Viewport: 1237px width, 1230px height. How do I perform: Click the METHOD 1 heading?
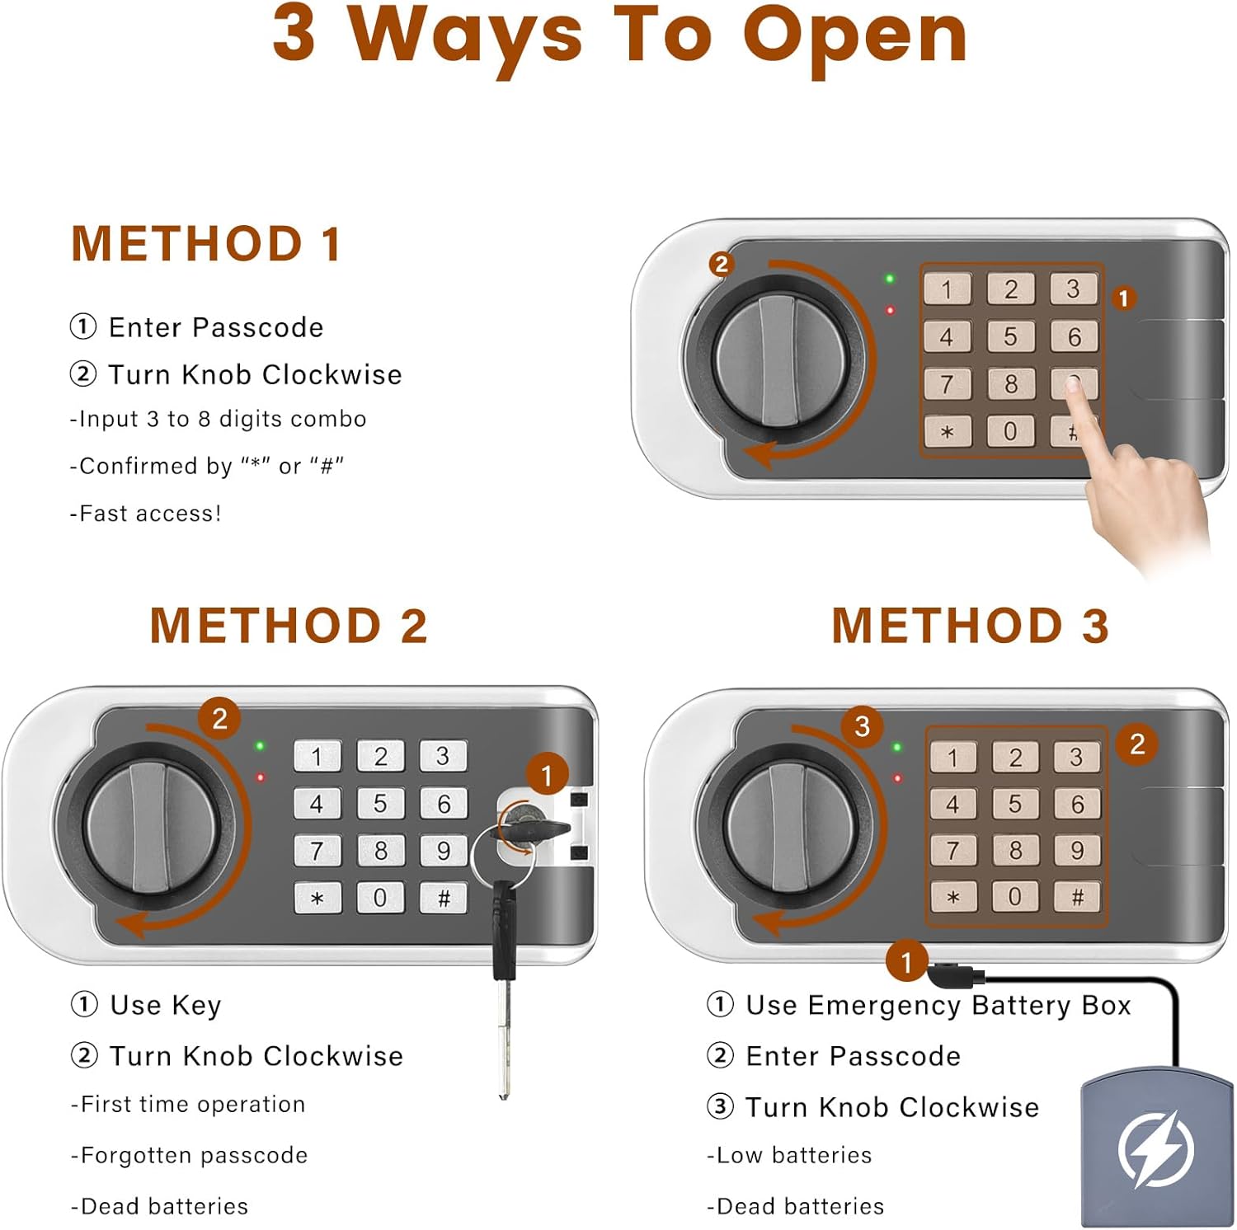pyautogui.click(x=206, y=244)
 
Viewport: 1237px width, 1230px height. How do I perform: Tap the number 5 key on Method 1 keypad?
pyautogui.click(x=1010, y=336)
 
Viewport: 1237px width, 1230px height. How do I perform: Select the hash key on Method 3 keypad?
pyautogui.click(x=1077, y=897)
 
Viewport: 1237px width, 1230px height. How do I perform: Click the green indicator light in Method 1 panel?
pyautogui.click(x=890, y=279)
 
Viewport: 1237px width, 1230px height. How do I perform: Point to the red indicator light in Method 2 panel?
pyautogui.click(x=260, y=777)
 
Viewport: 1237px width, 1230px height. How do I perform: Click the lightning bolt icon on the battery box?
pyautogui.click(x=1156, y=1148)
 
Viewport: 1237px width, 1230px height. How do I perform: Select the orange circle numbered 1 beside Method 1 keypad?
pyautogui.click(x=1123, y=298)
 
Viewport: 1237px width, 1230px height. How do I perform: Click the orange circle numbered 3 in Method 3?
pyautogui.click(x=863, y=726)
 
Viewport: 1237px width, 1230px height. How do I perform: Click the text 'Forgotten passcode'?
pyautogui.click(x=195, y=1155)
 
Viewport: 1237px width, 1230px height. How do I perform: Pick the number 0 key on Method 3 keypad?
pyautogui.click(x=1014, y=897)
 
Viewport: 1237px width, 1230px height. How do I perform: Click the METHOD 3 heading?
pyautogui.click(x=970, y=625)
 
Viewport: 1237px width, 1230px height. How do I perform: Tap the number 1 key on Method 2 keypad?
pyautogui.click(x=317, y=756)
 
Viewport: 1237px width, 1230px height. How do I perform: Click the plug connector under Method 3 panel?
pyautogui.click(x=955, y=977)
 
